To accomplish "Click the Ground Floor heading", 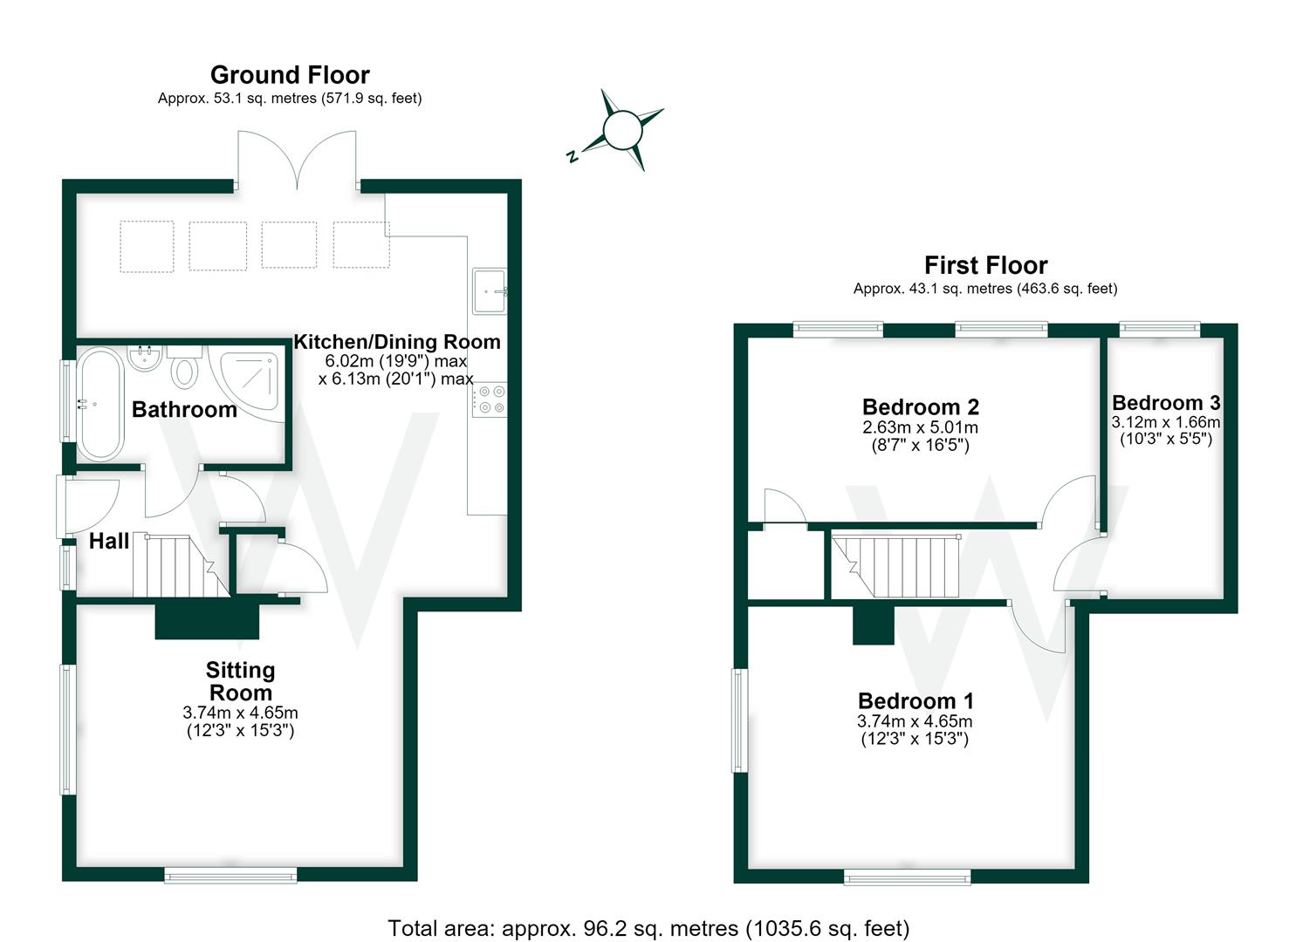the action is pos(290,75).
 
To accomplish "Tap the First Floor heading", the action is pos(986,265).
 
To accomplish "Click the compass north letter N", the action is pos(573,155).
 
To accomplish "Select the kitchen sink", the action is pos(490,290).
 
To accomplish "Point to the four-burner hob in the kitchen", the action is pos(490,399).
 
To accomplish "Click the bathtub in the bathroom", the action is pos(99,404).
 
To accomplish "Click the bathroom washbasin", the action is pos(145,358).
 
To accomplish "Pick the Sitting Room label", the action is pos(241,681).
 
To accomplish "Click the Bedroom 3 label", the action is pos(1166,402).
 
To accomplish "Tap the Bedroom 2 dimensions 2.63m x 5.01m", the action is pos(920,427).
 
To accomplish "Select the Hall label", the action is pos(109,542).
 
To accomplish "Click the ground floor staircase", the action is pos(181,565).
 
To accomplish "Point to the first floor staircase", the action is pos(895,565).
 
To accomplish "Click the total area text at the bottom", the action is pos(648,928).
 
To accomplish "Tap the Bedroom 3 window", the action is pos(1160,330).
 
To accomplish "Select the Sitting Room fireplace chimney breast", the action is pos(207,620).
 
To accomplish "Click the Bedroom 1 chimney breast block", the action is pos(873,625).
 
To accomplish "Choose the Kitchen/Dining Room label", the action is pos(397,342).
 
